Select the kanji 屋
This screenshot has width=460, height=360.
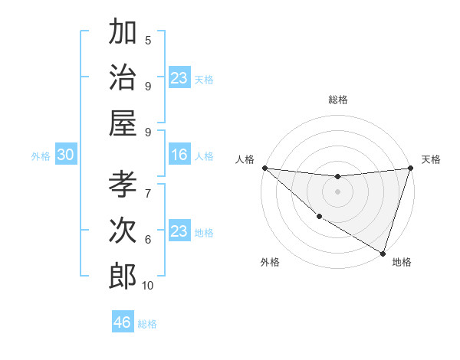123,123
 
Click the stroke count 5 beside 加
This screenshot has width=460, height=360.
148,40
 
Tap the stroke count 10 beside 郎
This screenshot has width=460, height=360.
148,286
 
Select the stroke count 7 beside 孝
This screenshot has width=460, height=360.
148,192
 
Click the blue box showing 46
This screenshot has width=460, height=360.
123,322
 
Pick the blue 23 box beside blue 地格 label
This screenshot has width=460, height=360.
179,231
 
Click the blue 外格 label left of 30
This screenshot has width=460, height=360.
41,156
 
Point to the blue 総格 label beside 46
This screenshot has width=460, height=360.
147,324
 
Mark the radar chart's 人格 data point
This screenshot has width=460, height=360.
264,168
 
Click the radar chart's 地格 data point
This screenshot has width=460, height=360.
383,252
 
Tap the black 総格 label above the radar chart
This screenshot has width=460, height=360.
338,100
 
